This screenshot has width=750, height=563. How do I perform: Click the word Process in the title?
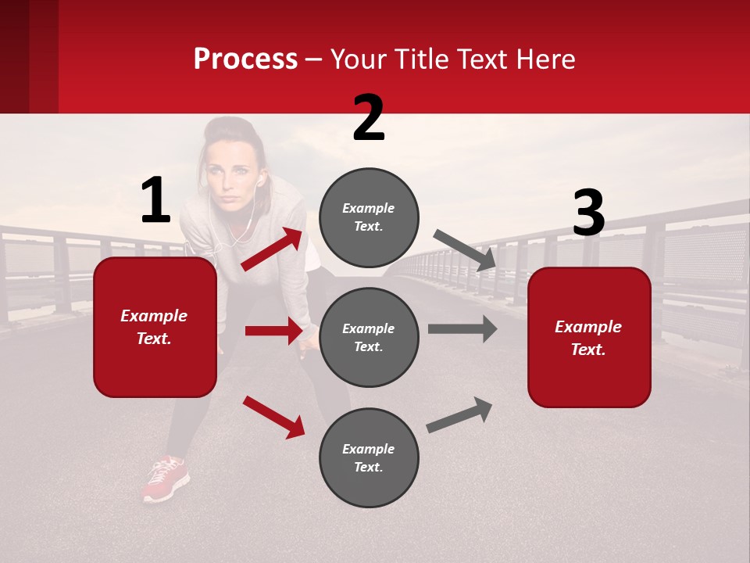click(x=245, y=59)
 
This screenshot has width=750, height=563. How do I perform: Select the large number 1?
click(x=155, y=201)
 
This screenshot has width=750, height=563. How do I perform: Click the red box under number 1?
click(x=155, y=327)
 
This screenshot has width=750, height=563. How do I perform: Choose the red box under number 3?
click(x=589, y=337)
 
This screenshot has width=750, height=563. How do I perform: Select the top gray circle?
click(x=369, y=217)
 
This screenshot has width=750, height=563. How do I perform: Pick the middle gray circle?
click(x=369, y=337)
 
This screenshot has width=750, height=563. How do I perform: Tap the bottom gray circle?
click(x=369, y=457)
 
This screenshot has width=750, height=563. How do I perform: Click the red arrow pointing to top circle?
click(x=272, y=249)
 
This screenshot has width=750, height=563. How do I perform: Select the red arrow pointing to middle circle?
click(x=273, y=331)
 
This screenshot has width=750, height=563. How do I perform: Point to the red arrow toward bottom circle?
click(x=273, y=417)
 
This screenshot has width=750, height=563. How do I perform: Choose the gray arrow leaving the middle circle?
click(x=462, y=328)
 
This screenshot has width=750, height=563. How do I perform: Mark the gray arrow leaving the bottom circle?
click(x=459, y=415)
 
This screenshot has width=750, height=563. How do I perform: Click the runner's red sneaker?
click(x=166, y=478)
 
